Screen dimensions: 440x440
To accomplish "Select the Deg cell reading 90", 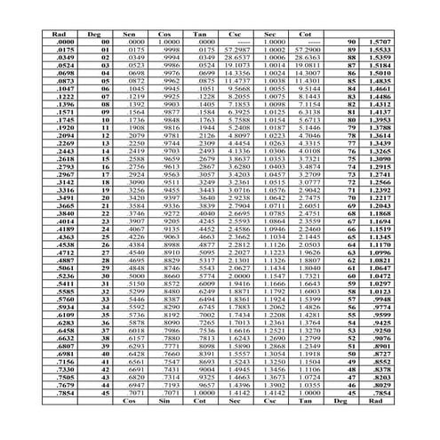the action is [x=352, y=42].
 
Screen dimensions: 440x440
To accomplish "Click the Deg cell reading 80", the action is [x=352, y=124].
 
